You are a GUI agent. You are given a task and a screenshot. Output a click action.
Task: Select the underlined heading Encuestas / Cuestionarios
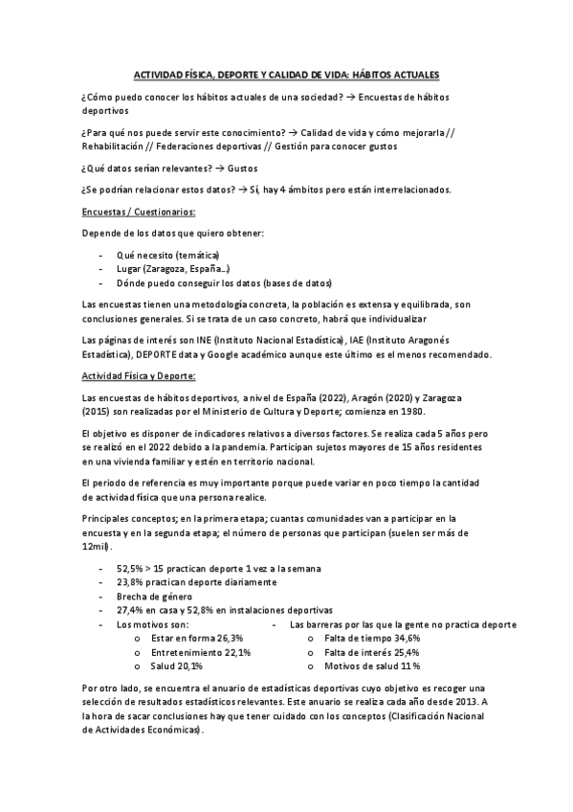pos(140,212)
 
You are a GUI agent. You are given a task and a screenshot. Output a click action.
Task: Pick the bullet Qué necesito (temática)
pos(167,255)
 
